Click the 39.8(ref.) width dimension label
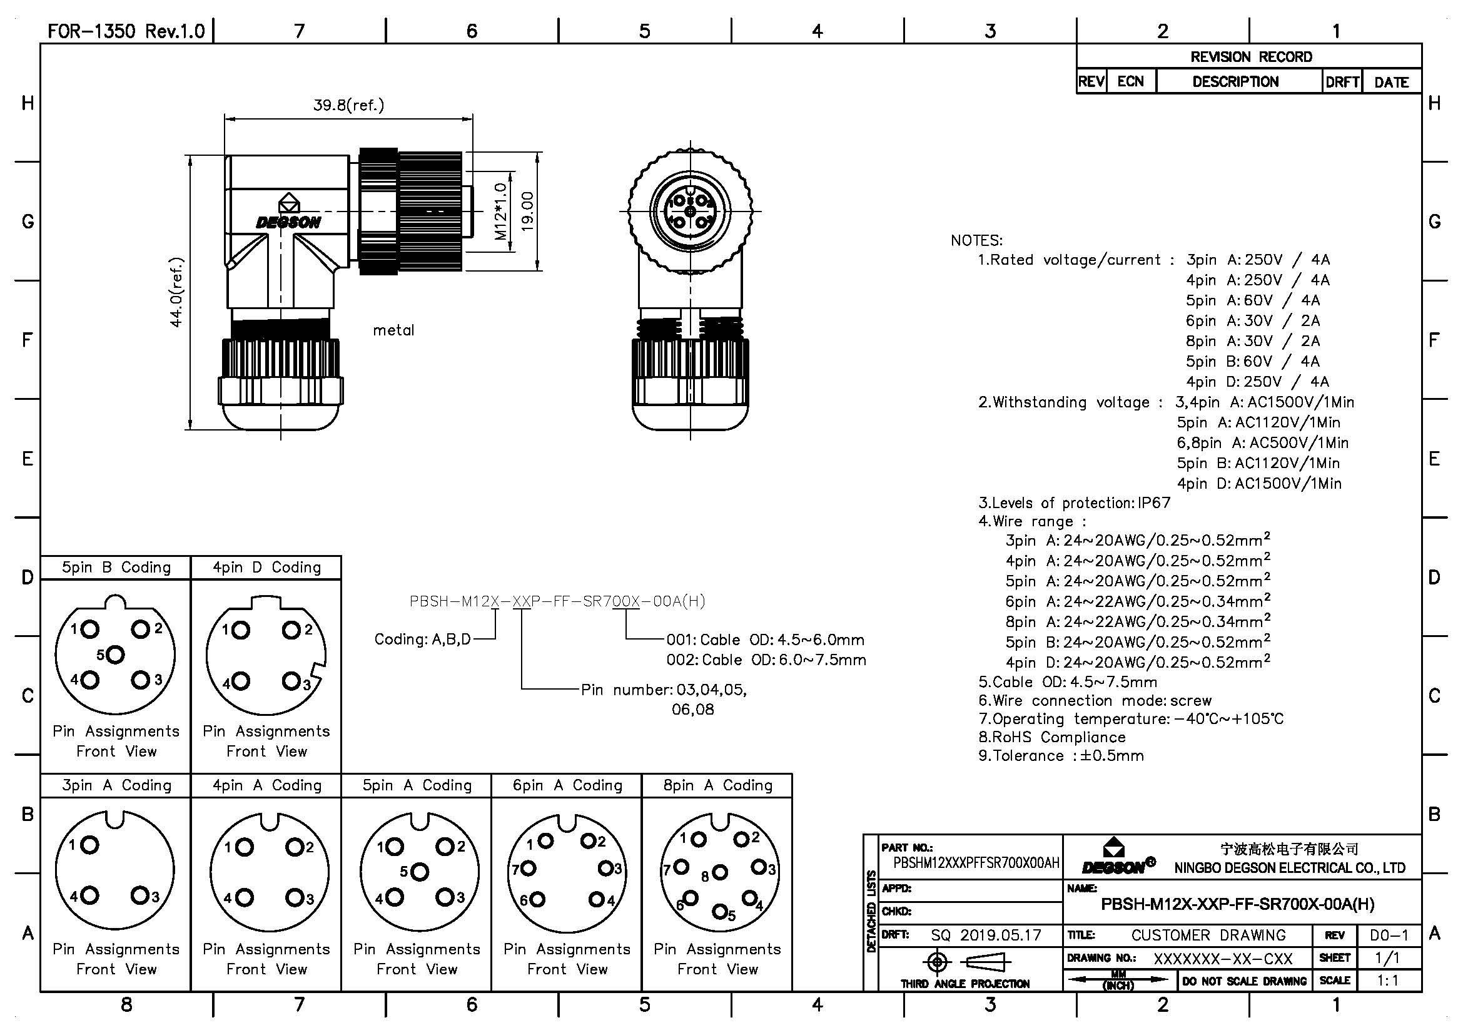click(x=348, y=105)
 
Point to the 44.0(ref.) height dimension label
click(x=176, y=292)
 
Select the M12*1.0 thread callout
click(x=501, y=212)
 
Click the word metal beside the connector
click(x=393, y=330)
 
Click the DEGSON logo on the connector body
click(x=288, y=222)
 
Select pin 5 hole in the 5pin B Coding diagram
click(x=116, y=655)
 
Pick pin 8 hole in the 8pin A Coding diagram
click(x=719, y=872)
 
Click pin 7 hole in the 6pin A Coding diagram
click(x=529, y=868)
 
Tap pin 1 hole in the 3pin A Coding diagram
click(x=91, y=845)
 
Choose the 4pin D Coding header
click(x=266, y=568)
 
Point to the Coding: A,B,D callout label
click(x=422, y=640)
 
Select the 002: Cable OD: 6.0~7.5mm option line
click(x=766, y=660)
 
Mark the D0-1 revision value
click(x=1389, y=935)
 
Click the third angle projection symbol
click(x=963, y=962)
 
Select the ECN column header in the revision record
click(x=1130, y=81)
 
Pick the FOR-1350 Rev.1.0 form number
click(x=126, y=31)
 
